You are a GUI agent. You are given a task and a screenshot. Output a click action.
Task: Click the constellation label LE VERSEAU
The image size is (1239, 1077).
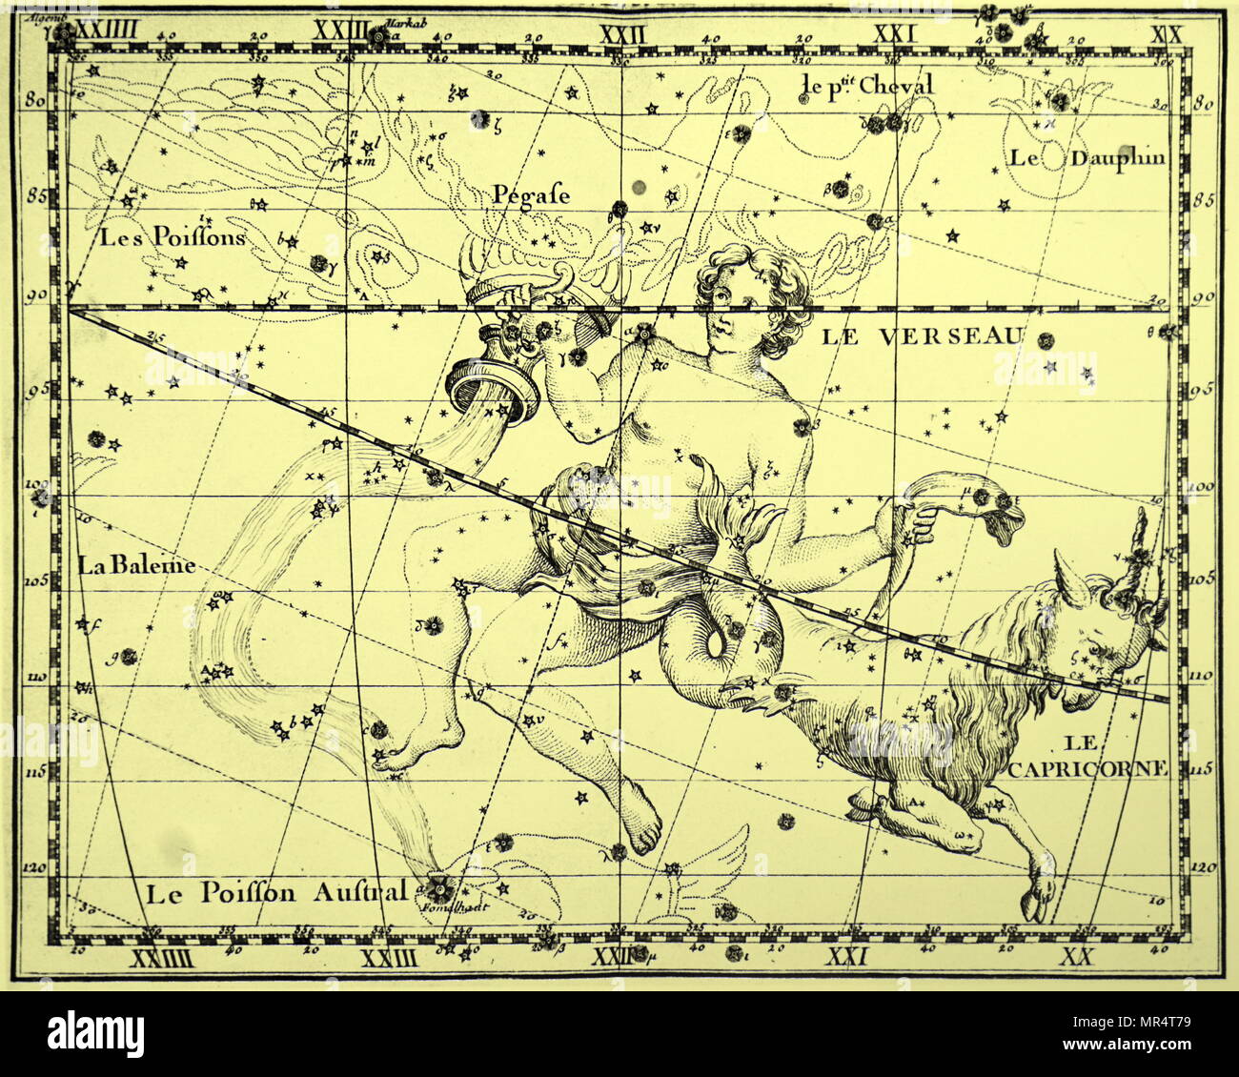pos(921,335)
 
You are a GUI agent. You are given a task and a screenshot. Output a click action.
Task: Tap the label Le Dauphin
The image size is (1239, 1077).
pos(1087,158)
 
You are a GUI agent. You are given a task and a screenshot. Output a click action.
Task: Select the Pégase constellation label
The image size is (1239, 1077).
pos(531,195)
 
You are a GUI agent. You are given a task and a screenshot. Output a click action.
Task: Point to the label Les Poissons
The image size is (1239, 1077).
pos(173,236)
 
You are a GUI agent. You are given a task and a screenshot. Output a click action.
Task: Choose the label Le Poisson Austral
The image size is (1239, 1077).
pos(276,893)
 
